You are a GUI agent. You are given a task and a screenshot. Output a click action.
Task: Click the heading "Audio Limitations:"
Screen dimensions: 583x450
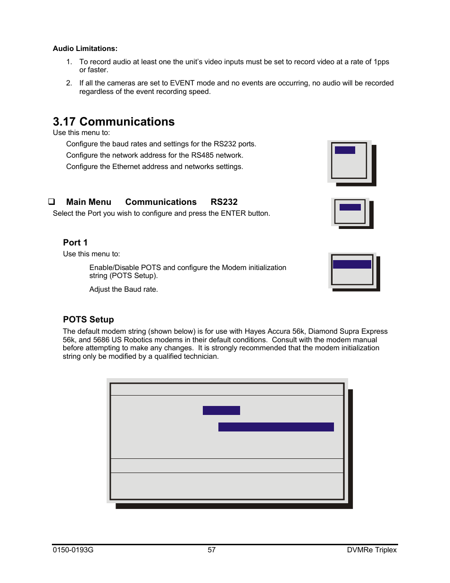[85, 49]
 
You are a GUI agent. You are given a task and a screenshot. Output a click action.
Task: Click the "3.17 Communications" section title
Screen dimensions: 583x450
[114, 122]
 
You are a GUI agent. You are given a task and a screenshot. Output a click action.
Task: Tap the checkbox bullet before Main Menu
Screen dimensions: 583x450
[51, 202]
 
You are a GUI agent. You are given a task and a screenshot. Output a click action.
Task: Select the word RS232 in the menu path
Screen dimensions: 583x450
[224, 202]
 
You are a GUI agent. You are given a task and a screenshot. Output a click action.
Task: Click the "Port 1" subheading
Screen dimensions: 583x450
[75, 243]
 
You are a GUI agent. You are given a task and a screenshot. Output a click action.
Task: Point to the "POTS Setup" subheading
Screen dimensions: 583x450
[89, 320]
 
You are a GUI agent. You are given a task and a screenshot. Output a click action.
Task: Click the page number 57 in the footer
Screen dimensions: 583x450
[212, 550]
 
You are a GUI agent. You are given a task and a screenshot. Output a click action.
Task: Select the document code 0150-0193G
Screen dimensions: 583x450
[73, 550]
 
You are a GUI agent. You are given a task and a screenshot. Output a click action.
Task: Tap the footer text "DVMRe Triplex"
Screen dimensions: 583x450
[372, 550]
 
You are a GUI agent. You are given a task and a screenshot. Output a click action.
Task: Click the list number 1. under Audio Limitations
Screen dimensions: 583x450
[69, 62]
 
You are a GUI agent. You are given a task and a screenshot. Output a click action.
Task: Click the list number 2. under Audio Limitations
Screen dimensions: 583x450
[69, 83]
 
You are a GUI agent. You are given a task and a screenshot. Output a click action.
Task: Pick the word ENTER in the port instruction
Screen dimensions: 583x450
[233, 213]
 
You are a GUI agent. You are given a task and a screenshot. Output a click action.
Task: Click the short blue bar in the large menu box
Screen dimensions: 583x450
[221, 411]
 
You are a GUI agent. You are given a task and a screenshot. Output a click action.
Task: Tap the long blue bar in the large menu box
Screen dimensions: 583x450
[276, 427]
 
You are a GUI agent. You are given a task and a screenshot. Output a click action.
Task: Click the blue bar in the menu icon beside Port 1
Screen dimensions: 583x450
[352, 264]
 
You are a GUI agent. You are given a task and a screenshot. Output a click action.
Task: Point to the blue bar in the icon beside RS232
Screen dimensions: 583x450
[350, 207]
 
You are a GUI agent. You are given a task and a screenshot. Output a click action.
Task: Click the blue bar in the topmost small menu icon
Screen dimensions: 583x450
[345, 150]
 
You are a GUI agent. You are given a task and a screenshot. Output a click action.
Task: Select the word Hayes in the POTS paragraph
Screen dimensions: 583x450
[255, 331]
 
